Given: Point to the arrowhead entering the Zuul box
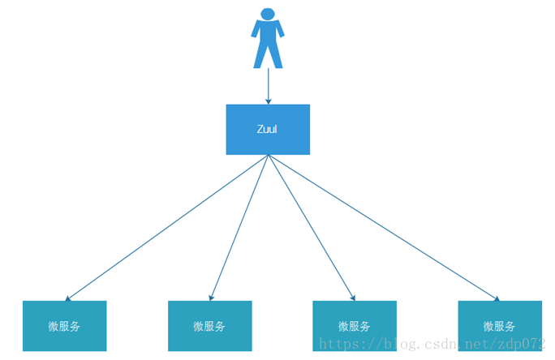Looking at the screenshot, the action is [x=268, y=101].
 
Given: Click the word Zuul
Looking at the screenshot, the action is [x=267, y=129].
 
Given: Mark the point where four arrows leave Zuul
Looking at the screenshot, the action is [x=268, y=155].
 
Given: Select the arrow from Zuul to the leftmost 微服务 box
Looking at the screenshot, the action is [x=166, y=228].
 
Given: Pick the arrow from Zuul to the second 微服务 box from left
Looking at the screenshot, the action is [x=239, y=228].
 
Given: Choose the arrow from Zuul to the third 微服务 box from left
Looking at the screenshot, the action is [x=312, y=228].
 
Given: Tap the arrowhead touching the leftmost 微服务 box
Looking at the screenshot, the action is [x=69, y=298].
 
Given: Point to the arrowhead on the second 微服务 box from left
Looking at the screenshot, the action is [x=211, y=298].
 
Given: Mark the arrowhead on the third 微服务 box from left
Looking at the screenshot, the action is [x=352, y=298].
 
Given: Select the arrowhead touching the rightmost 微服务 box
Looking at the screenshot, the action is [x=495, y=298].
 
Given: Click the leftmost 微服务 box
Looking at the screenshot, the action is [x=64, y=326].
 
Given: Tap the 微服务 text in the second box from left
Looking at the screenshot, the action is [x=209, y=327].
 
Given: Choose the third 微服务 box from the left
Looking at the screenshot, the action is [x=355, y=326].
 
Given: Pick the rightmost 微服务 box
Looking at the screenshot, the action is [x=499, y=326].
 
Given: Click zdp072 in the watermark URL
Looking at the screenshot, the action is [x=523, y=344].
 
